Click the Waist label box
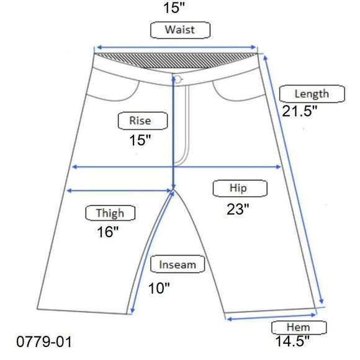click(x=180, y=30)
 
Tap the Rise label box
click(x=143, y=121)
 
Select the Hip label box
click(x=240, y=188)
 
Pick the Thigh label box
click(x=110, y=213)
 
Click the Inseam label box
click(x=178, y=264)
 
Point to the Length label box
click(x=312, y=94)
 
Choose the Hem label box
click(x=299, y=328)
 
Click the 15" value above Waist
click(x=174, y=7)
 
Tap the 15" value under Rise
click(x=140, y=140)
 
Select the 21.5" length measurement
click(x=299, y=111)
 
